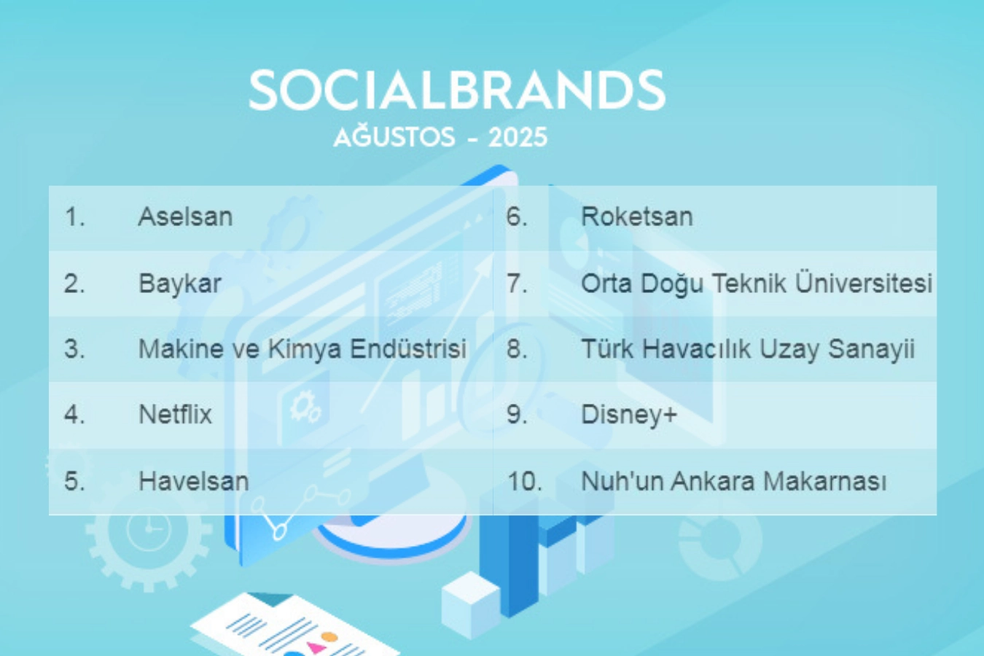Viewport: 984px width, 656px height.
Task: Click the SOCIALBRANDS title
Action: (x=457, y=90)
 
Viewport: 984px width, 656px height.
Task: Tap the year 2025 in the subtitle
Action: (x=518, y=138)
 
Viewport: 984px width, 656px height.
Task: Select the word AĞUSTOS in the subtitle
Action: (x=394, y=136)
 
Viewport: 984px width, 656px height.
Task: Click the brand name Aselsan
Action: (x=185, y=216)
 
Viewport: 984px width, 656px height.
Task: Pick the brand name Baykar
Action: (x=179, y=284)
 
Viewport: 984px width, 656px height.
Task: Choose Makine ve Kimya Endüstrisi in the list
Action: (x=302, y=349)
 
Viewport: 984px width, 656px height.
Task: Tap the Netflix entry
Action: (x=175, y=414)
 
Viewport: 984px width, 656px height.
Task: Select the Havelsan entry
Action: (x=194, y=480)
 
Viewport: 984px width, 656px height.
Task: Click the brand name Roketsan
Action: (x=637, y=216)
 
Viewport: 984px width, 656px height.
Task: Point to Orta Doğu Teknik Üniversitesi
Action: (x=757, y=284)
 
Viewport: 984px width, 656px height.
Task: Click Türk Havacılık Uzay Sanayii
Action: (x=748, y=350)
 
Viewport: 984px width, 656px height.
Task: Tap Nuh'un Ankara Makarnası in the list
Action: (x=733, y=480)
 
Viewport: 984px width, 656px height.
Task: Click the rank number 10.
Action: (x=525, y=481)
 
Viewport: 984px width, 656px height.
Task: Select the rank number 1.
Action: (x=74, y=216)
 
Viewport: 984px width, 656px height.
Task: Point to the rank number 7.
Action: (x=517, y=284)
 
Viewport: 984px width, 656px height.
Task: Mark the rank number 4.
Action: (x=74, y=414)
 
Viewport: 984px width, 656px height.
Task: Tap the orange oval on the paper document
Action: (x=329, y=636)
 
